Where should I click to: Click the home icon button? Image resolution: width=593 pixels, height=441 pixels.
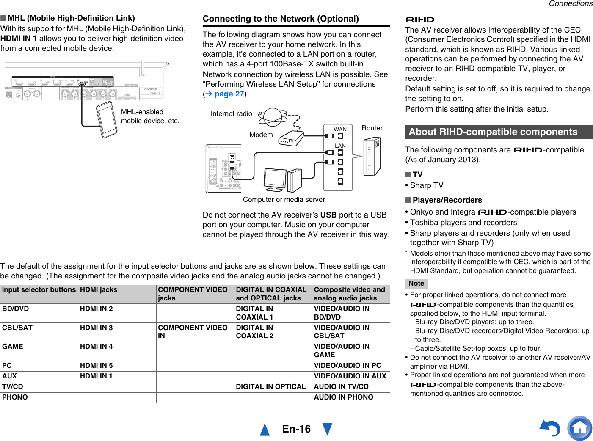coord(579,428)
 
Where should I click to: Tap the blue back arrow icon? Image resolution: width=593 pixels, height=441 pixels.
coord(550,428)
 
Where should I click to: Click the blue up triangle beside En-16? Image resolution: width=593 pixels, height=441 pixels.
coord(265,429)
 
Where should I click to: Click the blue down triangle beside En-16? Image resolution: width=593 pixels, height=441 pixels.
coord(327,429)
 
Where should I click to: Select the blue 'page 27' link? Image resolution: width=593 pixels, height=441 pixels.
coord(229,94)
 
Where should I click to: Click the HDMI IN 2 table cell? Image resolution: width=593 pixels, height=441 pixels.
coord(97,309)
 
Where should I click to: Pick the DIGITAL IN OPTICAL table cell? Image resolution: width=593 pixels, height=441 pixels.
coord(271,387)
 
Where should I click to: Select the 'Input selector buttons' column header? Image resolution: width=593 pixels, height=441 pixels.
coord(39,290)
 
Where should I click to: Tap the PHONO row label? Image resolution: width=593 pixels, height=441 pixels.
coord(15,397)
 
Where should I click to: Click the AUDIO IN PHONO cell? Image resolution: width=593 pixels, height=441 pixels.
coord(344,397)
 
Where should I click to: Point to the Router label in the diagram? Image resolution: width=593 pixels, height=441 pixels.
coord(372,128)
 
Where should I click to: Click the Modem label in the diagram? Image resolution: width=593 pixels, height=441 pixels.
coord(261,135)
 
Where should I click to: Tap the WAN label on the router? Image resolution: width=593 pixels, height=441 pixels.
coord(340,130)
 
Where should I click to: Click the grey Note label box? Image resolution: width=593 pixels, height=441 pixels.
coord(416,284)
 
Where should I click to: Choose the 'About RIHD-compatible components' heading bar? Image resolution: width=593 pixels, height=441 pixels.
coord(498,132)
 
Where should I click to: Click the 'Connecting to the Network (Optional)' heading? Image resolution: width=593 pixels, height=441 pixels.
coord(281,19)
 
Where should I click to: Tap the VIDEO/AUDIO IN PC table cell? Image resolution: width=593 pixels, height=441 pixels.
coord(348,366)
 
